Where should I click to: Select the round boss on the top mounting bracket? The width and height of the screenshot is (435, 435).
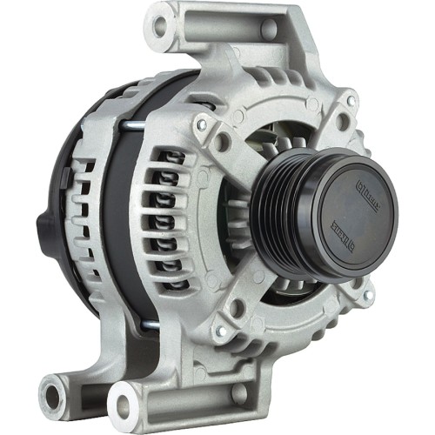270,30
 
